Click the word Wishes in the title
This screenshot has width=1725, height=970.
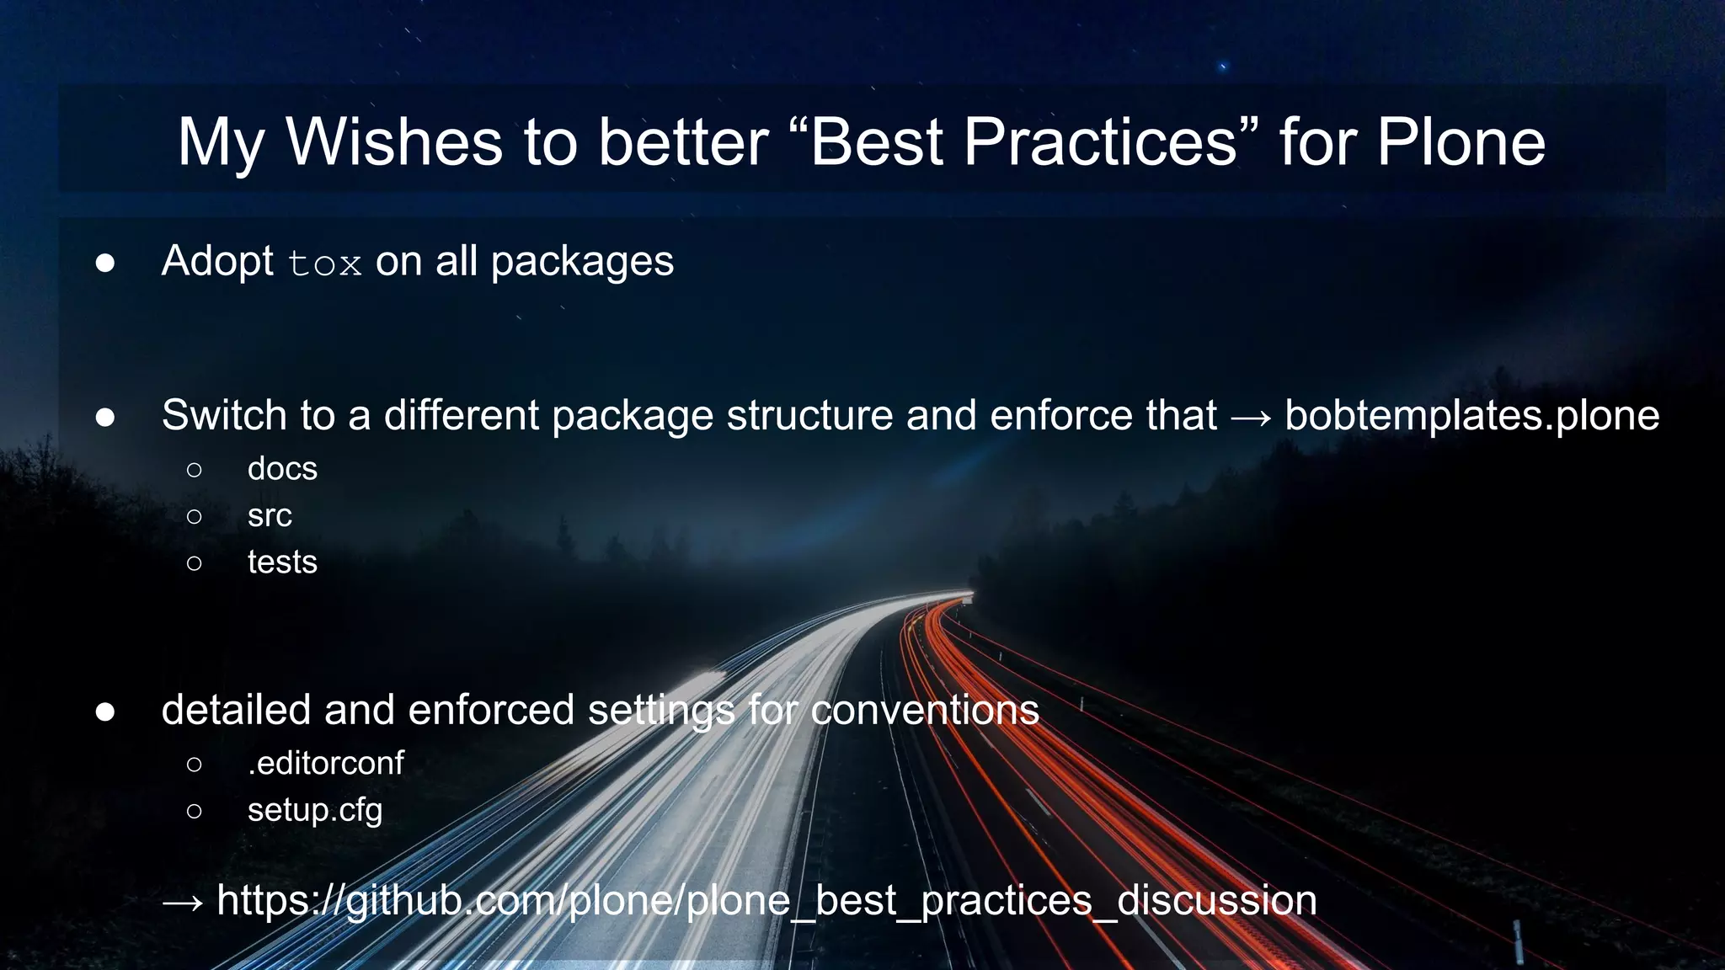394,141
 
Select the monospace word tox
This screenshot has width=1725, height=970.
324,264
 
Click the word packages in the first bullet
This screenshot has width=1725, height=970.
582,262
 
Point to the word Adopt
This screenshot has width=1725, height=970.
217,262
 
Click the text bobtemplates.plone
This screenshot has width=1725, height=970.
1471,415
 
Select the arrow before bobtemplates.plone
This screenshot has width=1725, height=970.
1251,417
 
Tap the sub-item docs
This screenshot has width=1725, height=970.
282,469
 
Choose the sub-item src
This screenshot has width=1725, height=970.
270,515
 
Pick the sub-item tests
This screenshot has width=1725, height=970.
282,562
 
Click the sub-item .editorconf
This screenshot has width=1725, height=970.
325,763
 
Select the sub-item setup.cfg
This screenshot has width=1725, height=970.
315,810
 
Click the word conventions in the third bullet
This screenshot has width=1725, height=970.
925,710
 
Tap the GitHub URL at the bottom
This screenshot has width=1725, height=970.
766,900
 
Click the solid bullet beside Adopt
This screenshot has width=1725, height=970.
105,263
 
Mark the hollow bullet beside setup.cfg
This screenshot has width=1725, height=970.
194,811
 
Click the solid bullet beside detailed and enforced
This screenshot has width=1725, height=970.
105,712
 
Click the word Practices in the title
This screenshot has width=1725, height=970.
1100,141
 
